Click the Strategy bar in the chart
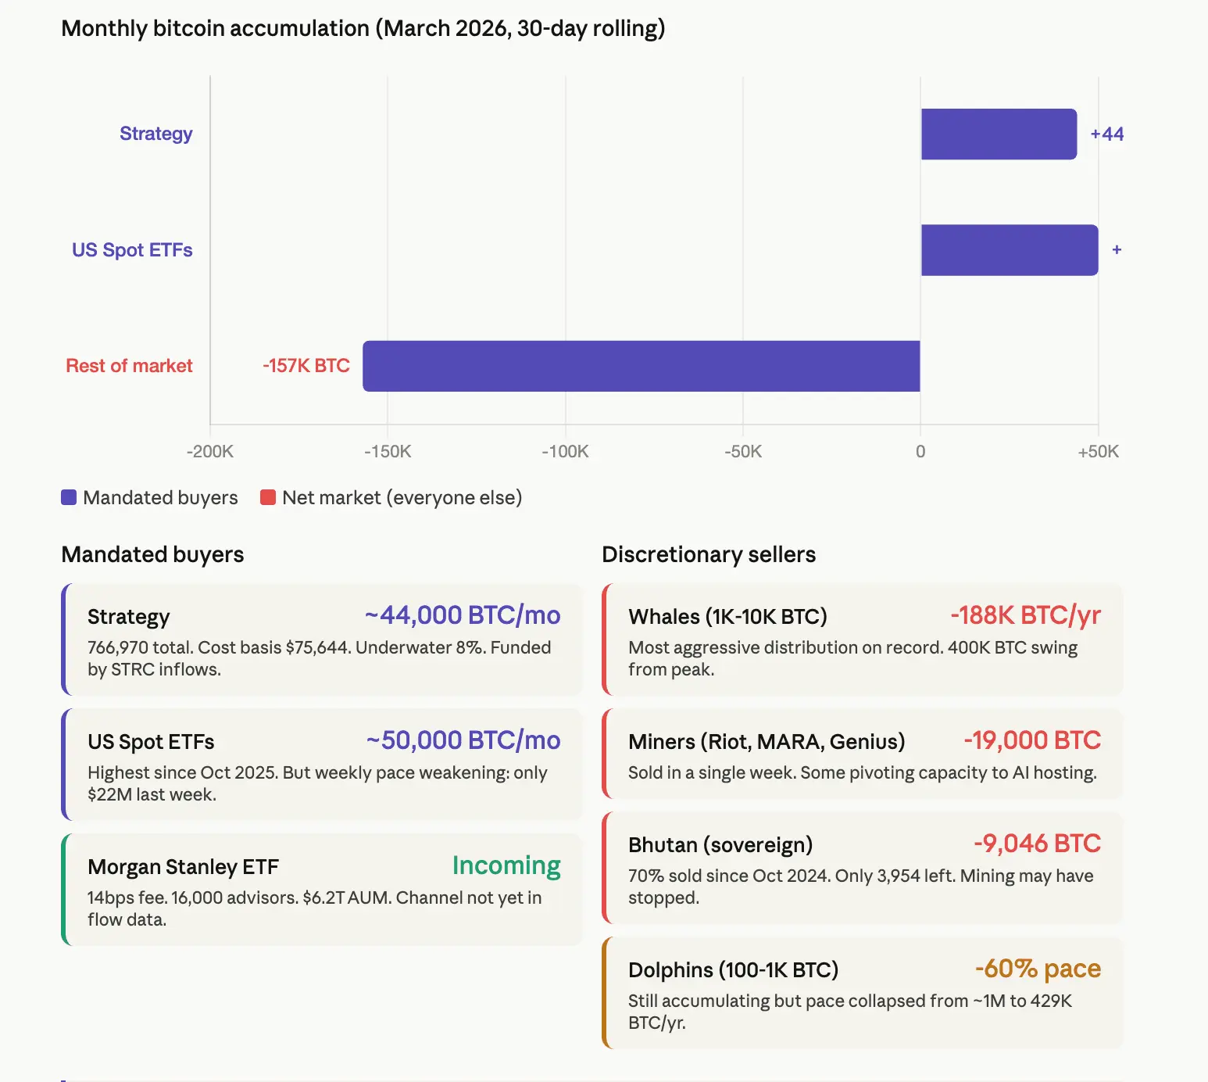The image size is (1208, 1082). coord(999,134)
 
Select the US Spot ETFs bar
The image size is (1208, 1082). coord(1010,250)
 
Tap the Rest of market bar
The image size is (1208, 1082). coord(641,366)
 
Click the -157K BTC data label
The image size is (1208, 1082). coord(306,366)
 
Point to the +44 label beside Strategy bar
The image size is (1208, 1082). coord(1106,134)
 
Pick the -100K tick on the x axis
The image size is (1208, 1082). coord(565,452)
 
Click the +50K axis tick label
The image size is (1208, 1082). coord(1098,452)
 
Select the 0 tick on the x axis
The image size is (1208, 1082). coord(920,452)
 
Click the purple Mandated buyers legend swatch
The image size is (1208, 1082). coord(69,497)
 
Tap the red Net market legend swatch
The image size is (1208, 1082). coord(268,497)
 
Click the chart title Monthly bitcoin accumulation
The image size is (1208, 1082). coord(363,28)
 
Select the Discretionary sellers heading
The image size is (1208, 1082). coord(708,554)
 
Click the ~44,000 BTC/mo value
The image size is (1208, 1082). coord(463,615)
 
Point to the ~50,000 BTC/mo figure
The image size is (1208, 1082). coord(463,740)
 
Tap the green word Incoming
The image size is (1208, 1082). coord(506,865)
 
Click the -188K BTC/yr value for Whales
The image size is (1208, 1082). coord(1025,615)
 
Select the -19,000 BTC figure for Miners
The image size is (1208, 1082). coord(1032,740)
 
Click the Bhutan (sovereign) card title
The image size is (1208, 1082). coord(720,845)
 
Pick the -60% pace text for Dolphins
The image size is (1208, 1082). coord(1038,969)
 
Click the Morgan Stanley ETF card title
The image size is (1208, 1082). coord(183,867)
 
